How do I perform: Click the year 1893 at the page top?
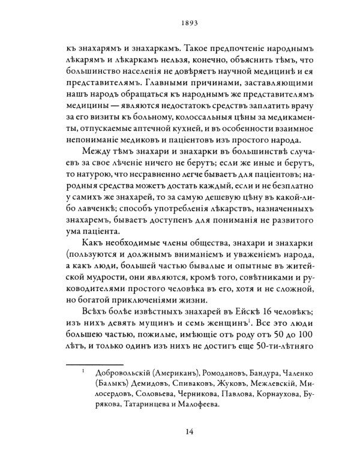180,26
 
